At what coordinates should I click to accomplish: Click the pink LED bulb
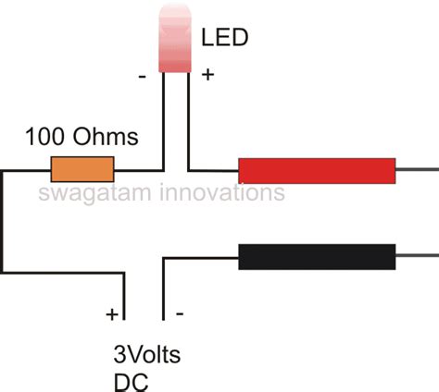[173, 37]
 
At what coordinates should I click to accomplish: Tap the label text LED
[222, 39]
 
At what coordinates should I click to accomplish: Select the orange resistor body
[82, 170]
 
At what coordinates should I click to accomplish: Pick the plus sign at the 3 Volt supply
[112, 314]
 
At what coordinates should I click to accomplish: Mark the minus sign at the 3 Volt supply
[179, 314]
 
